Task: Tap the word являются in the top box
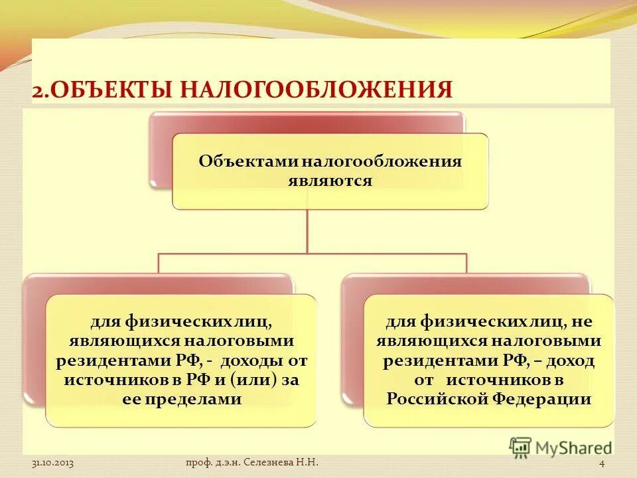click(330, 180)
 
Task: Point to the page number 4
click(601, 463)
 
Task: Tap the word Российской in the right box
click(437, 399)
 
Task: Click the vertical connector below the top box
click(307, 230)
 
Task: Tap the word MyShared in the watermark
click(573, 448)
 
